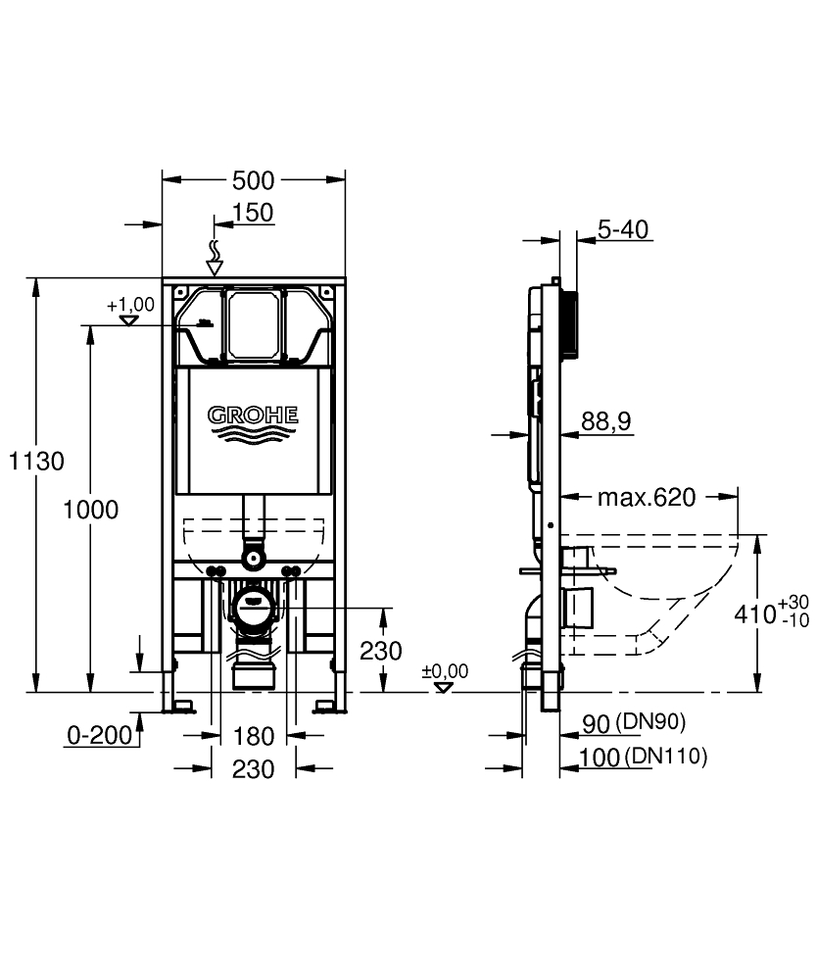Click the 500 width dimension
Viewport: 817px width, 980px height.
253,180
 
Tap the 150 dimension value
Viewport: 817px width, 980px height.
253,213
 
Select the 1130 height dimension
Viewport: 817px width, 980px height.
36,461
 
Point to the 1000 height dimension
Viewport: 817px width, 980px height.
90,510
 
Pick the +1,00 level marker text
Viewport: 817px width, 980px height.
130,305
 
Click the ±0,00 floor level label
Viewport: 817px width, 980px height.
445,672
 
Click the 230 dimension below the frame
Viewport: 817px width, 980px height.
253,769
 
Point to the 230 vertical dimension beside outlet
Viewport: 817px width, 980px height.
379,651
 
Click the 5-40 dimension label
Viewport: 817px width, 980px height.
622,230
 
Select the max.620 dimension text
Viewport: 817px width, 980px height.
647,498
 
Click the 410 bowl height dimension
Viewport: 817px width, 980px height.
755,613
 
